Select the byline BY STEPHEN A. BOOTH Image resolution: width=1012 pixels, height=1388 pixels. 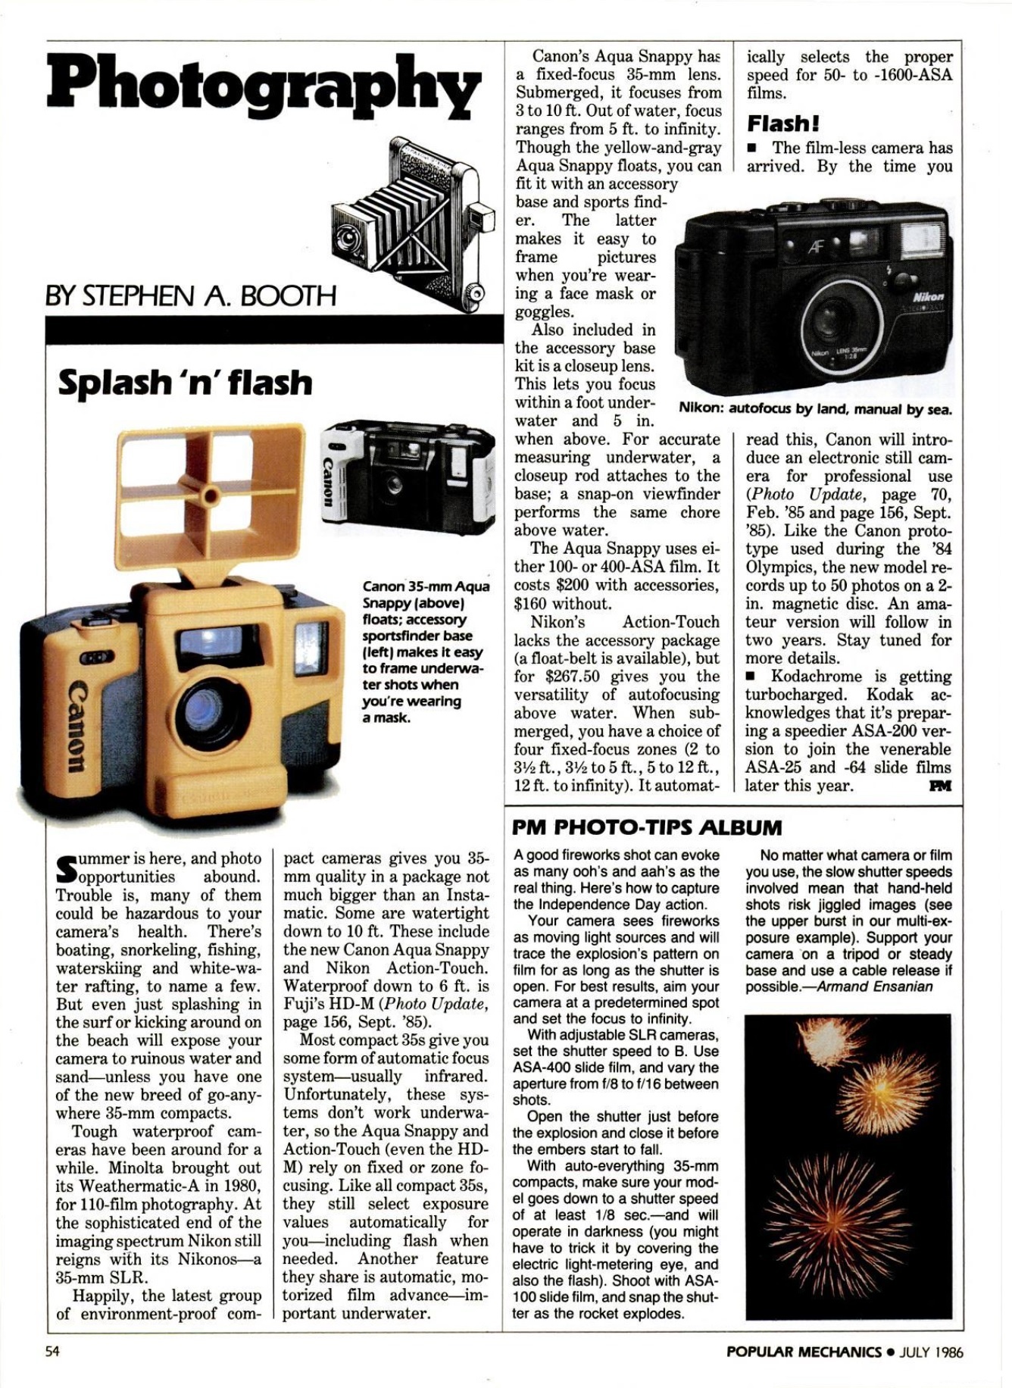point(190,295)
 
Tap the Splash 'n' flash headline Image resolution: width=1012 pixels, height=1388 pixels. point(185,383)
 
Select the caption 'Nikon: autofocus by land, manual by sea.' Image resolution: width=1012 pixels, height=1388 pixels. point(815,409)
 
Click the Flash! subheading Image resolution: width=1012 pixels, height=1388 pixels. point(782,123)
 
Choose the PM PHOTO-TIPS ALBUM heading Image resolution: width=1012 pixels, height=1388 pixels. point(647,827)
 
